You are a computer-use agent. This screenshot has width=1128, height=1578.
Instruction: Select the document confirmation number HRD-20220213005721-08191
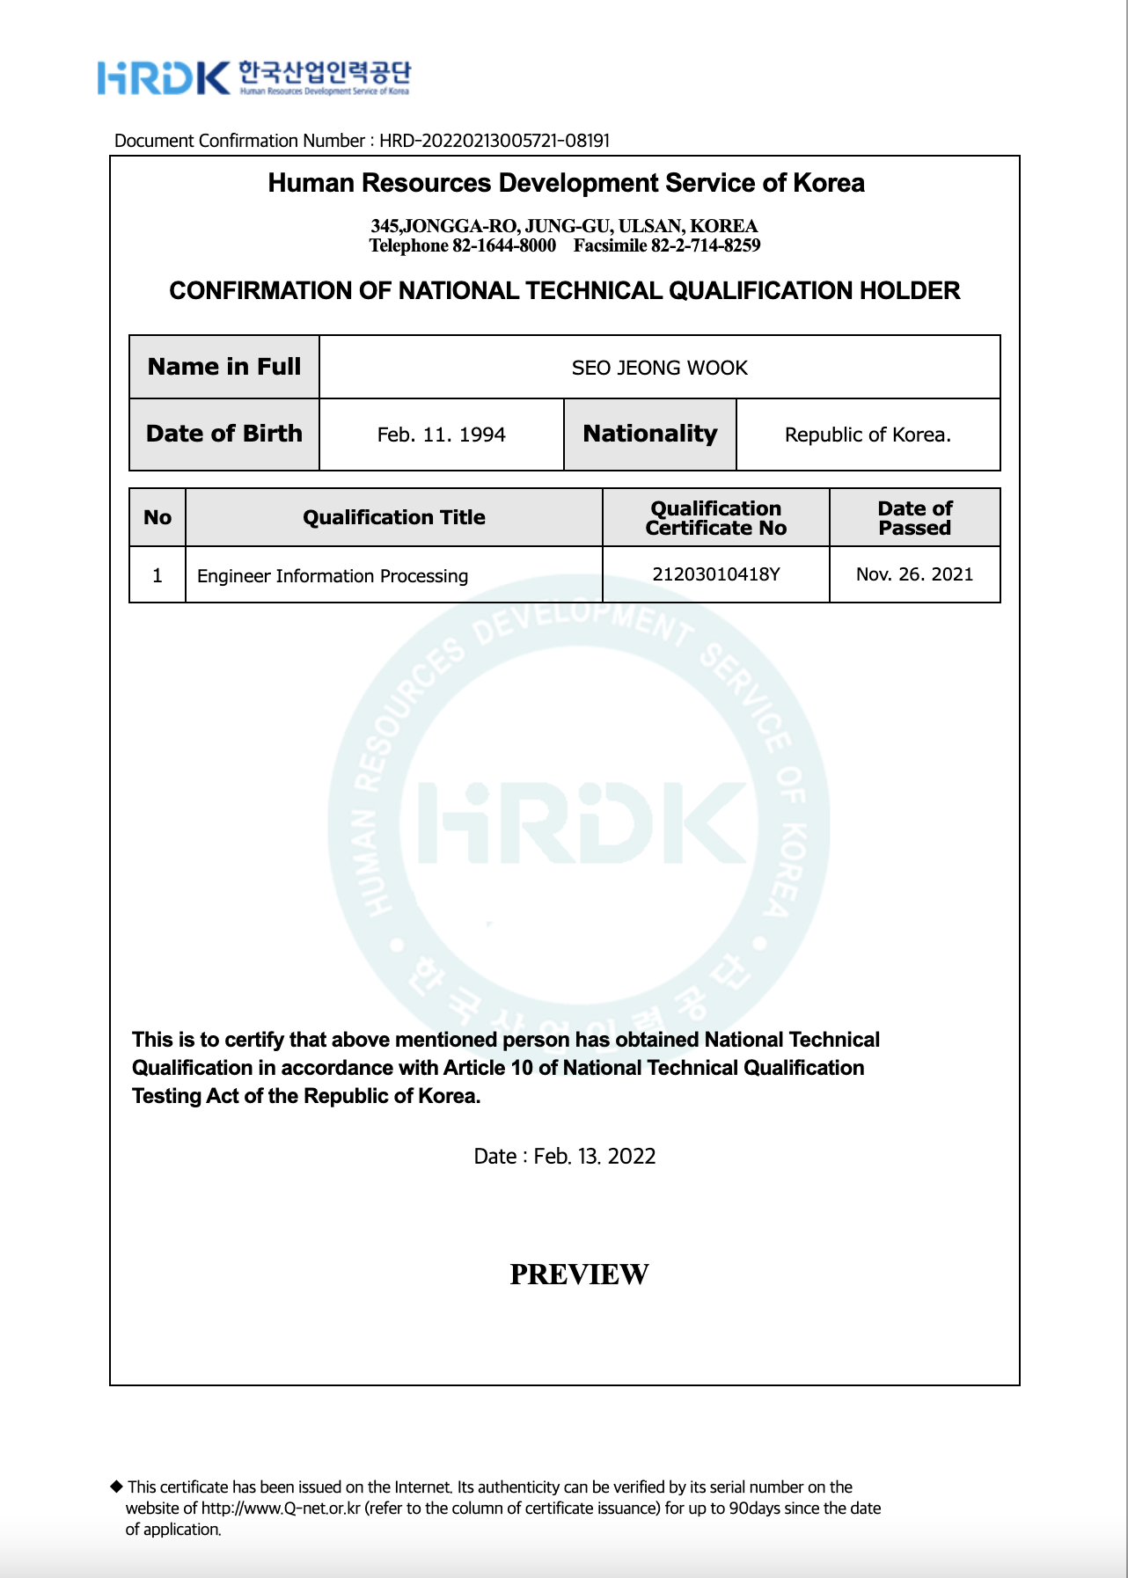pos(494,141)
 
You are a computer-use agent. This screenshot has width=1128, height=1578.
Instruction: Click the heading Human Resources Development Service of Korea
pos(566,183)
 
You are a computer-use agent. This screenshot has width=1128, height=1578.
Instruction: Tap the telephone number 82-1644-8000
pos(503,245)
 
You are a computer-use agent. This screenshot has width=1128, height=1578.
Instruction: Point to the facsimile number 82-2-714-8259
pos(705,245)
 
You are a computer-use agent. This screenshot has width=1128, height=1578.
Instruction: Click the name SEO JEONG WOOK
pos(659,368)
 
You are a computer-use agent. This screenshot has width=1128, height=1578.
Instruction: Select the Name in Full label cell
pos(224,367)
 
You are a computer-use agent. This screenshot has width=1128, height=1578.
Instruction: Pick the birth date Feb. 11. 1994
pos(441,435)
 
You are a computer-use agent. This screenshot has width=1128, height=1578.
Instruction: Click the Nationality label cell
pos(649,435)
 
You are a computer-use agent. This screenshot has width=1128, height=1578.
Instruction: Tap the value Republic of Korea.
pos(868,435)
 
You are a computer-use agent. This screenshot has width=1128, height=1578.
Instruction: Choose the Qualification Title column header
pos(393,517)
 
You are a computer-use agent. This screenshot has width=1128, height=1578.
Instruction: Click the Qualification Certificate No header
pos(715,518)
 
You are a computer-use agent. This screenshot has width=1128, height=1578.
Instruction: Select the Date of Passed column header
pos(914,518)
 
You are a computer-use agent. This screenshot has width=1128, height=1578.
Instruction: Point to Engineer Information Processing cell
pos(333,575)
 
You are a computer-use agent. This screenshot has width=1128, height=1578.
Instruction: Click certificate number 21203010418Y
pos(715,574)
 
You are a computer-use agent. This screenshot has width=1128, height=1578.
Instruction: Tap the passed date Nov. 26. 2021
pos(914,574)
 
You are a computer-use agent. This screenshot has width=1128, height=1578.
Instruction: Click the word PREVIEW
pos(579,1274)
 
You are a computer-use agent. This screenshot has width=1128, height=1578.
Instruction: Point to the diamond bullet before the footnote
pos(116,1487)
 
